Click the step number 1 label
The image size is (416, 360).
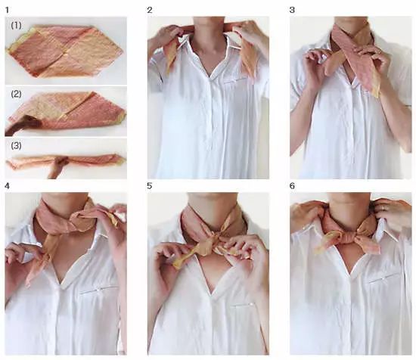pyautogui.click(x=7, y=11)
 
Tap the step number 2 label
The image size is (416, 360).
pyautogui.click(x=150, y=10)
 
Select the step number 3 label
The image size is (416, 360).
pyautogui.click(x=292, y=10)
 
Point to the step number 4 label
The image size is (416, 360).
pyautogui.click(x=7, y=186)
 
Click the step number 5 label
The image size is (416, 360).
pyautogui.click(x=150, y=186)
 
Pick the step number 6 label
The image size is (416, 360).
pyautogui.click(x=292, y=186)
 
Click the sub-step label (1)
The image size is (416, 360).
pyautogui.click(x=16, y=26)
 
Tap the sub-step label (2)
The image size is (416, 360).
pyautogui.click(x=16, y=95)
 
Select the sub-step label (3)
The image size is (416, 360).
pyautogui.click(x=16, y=146)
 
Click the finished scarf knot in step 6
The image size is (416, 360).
pyautogui.click(x=349, y=236)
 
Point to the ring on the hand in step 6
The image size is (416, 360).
pyautogui.click(x=383, y=208)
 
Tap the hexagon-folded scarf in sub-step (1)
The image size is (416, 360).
pyautogui.click(x=66, y=51)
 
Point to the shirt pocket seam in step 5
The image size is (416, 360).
pyautogui.click(x=243, y=305)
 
